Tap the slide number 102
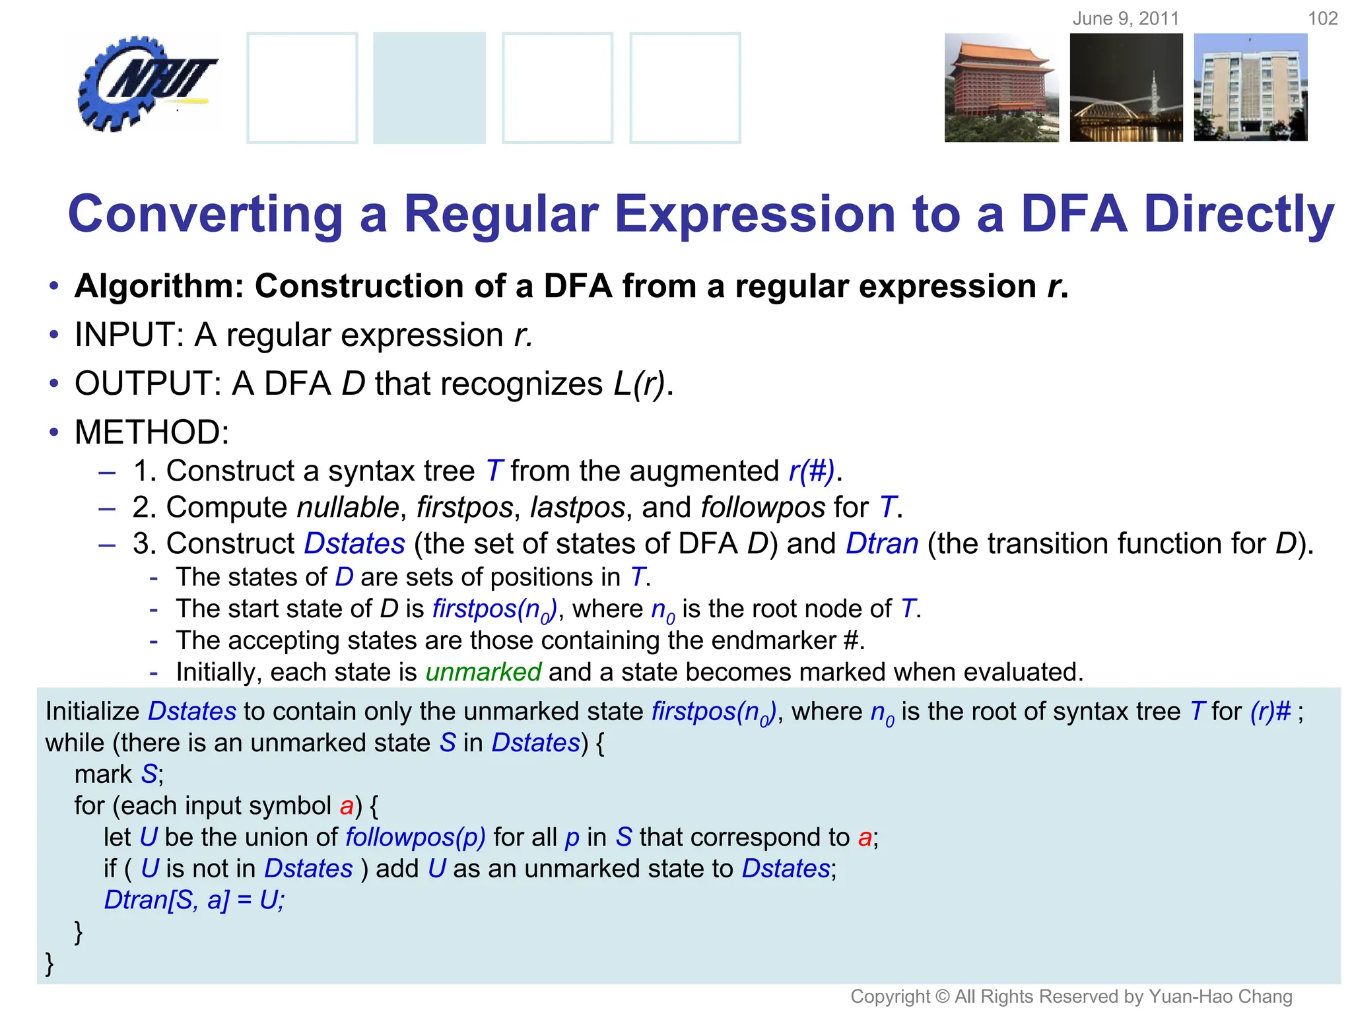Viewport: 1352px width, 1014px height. coord(1322,18)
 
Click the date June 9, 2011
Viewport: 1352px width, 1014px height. coord(1126,18)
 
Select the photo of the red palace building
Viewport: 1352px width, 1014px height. coord(1001,88)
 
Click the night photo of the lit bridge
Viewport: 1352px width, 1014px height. coord(1126,88)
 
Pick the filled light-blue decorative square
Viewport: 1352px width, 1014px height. coord(429,88)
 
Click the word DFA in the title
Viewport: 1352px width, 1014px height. coord(1073,215)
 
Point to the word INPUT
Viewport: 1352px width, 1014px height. coord(128,335)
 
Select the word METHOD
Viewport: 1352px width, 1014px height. coord(151,432)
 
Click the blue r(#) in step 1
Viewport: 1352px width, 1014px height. coord(811,471)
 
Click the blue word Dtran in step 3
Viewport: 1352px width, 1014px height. coord(882,544)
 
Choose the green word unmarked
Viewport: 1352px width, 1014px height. coord(483,672)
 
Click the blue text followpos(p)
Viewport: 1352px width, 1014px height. coord(415,837)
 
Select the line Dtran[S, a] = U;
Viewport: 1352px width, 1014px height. coord(194,900)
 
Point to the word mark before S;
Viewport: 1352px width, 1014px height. coord(103,774)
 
